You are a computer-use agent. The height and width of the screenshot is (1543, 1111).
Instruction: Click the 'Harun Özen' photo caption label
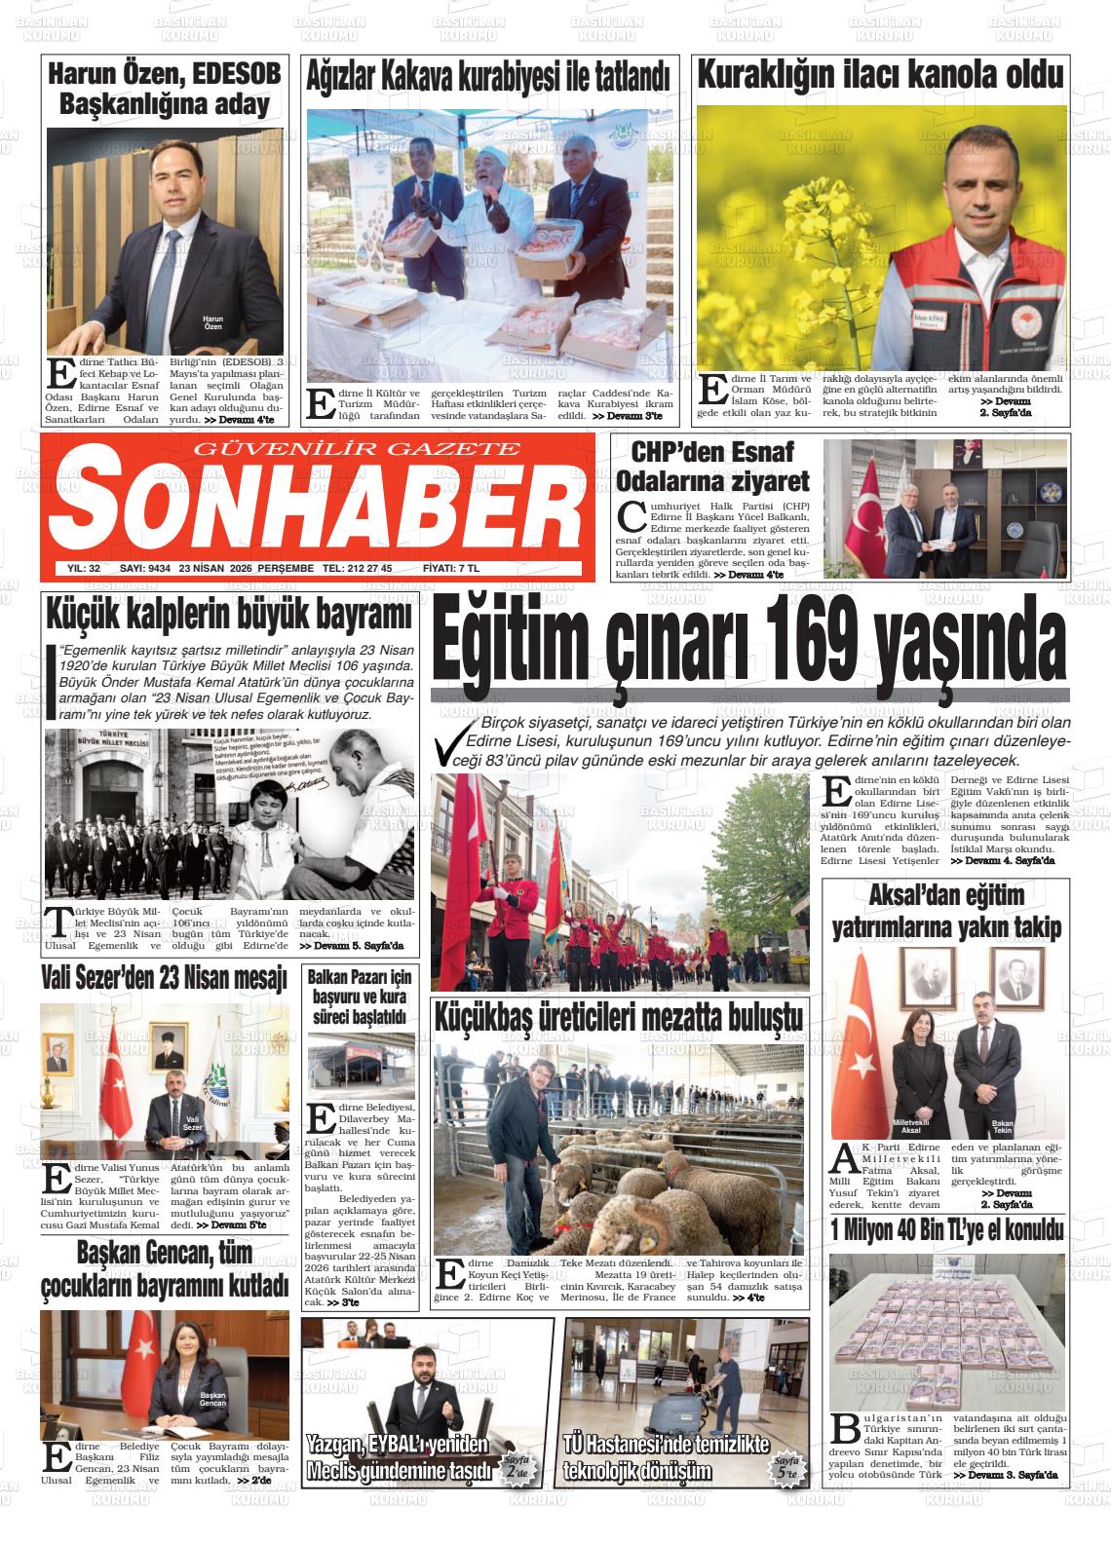click(x=212, y=323)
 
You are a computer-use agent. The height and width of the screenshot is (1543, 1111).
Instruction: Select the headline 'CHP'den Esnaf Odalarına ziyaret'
click(x=713, y=467)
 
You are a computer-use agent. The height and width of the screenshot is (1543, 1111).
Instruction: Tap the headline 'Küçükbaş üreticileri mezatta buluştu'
click(x=620, y=1017)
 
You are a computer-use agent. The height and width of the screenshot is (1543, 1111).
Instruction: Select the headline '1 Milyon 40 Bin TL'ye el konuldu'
click(x=946, y=1230)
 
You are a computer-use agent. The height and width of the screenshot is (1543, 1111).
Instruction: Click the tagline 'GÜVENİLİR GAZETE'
click(x=358, y=448)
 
